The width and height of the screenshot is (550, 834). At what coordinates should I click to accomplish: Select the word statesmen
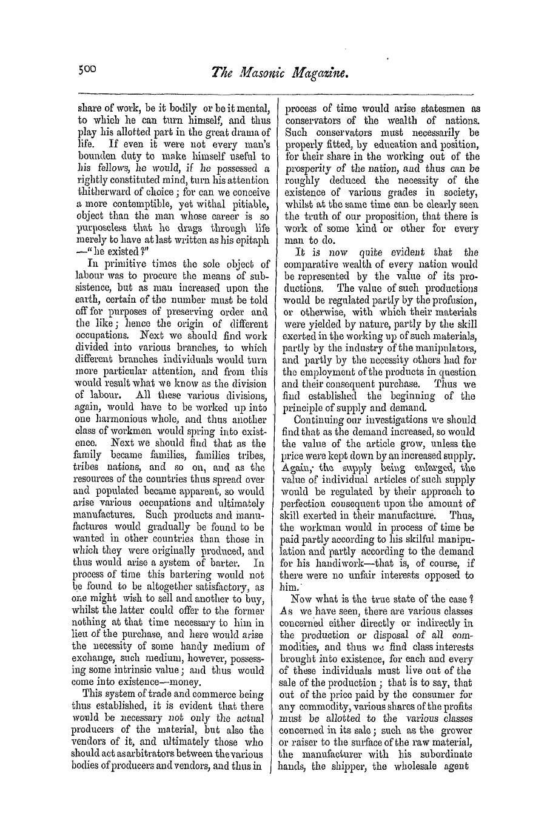point(438,109)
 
